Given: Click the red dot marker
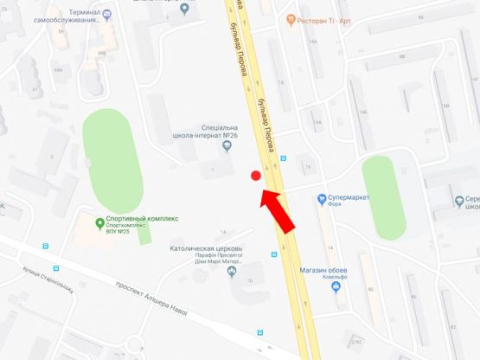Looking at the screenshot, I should click(x=256, y=177).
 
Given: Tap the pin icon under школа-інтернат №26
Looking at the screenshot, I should click(x=227, y=147).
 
